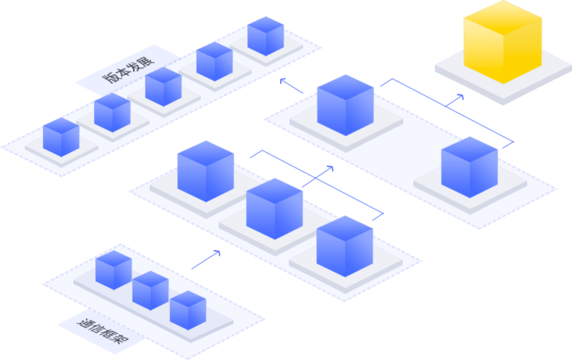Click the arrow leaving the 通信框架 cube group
[206, 260]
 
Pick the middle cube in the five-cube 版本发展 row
[163, 86]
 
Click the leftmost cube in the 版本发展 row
[61, 137]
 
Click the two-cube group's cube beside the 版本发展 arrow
[345, 105]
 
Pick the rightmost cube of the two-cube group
[469, 166]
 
